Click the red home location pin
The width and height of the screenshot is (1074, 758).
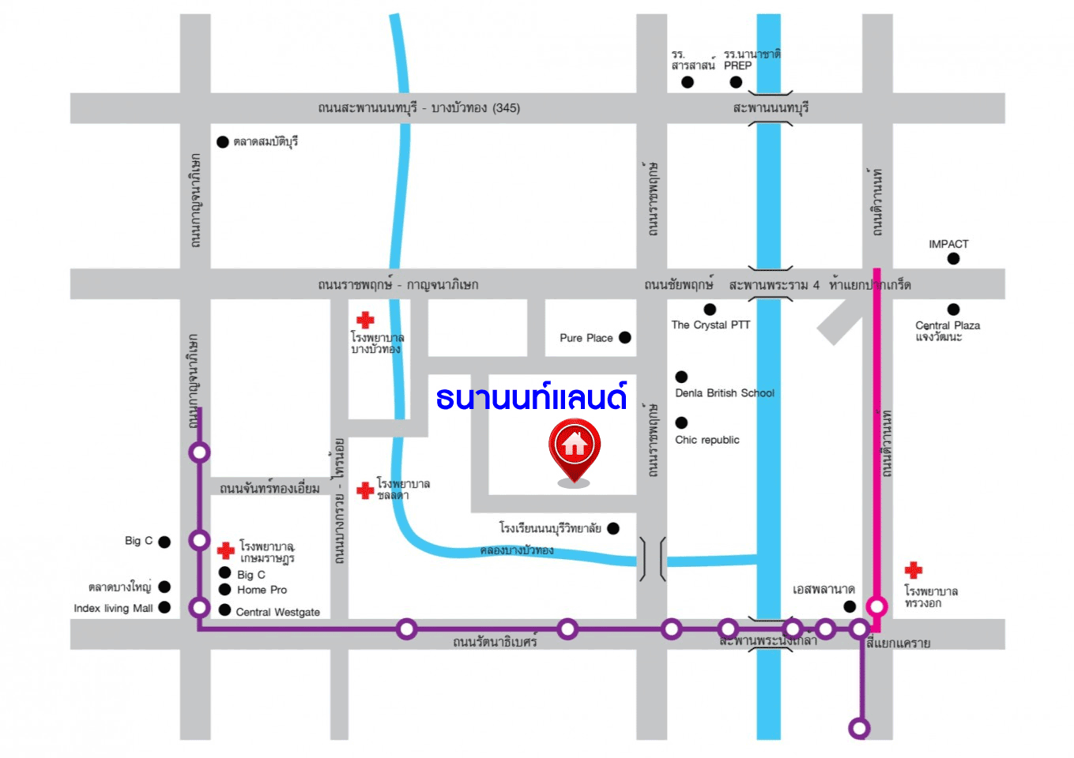click(575, 448)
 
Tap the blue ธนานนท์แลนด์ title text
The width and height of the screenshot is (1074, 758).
click(531, 397)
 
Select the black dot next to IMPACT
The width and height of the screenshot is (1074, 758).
click(953, 258)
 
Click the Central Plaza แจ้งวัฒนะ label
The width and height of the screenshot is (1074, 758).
click(947, 331)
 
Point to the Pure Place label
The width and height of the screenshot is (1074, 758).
click(586, 338)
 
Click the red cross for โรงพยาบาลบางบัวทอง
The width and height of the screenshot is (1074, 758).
click(365, 320)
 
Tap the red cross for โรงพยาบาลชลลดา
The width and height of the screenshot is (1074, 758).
click(365, 490)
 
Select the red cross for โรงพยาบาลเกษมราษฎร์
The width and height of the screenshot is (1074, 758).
click(226, 550)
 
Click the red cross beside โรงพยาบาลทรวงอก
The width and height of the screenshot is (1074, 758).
click(914, 570)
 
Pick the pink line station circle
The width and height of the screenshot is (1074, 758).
click(876, 606)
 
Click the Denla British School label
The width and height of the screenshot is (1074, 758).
click(724, 393)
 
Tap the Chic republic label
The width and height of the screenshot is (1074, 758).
click(707, 440)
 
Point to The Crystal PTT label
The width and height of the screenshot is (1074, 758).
click(710, 325)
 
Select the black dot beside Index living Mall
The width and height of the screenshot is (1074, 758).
click(164, 607)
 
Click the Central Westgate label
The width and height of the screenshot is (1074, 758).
click(277, 612)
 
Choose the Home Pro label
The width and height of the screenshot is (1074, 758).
click(262, 590)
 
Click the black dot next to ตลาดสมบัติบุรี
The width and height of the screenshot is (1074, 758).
click(223, 142)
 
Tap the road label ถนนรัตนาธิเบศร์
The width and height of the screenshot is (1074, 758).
click(495, 642)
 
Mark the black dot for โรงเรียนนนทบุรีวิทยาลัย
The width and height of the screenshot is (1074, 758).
click(613, 528)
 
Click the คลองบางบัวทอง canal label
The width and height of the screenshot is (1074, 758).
click(517, 550)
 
